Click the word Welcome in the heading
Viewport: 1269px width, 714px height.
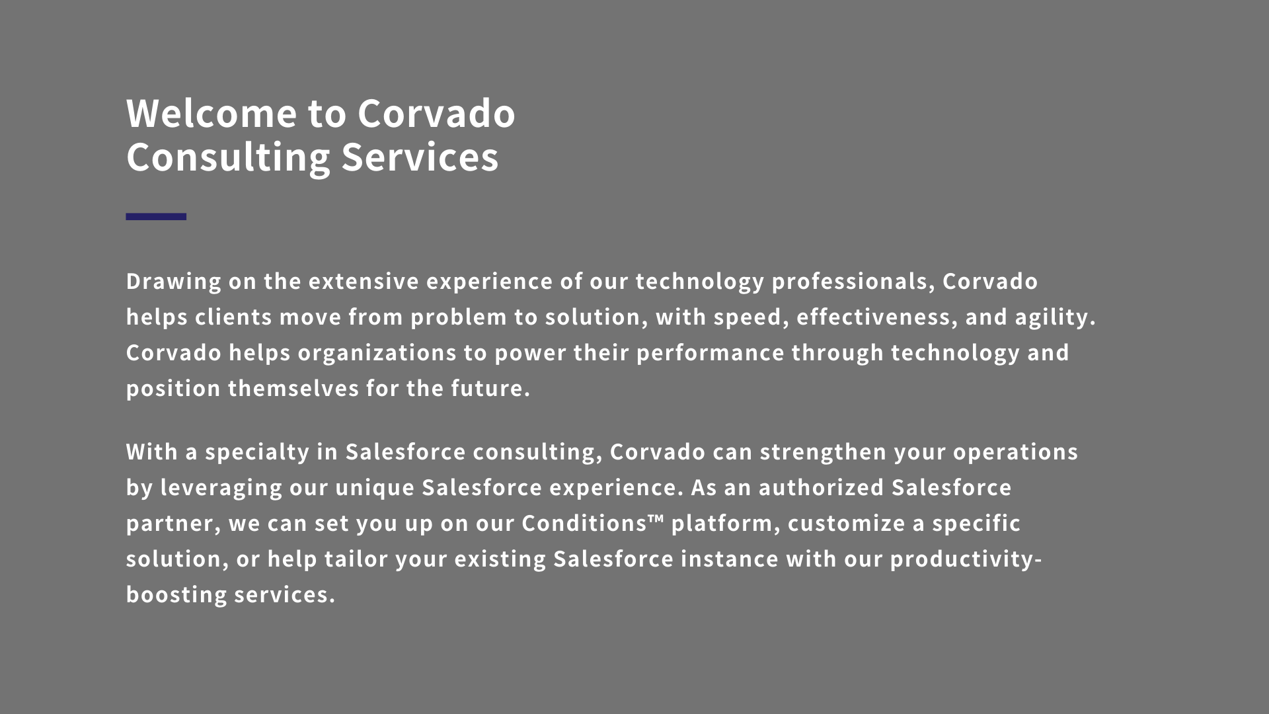pyautogui.click(x=211, y=113)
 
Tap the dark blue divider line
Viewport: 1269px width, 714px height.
pyautogui.click(x=156, y=216)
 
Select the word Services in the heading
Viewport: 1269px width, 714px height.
pyautogui.click(x=420, y=157)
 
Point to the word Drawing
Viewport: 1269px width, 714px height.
pyautogui.click(x=174, y=282)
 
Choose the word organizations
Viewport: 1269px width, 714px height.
pyautogui.click(x=377, y=354)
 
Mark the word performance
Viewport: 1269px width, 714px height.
pyautogui.click(x=711, y=354)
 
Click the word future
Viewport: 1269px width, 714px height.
pyautogui.click(x=490, y=389)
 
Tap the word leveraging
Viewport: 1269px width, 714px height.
pyautogui.click(x=221, y=489)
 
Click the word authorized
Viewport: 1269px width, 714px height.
pyautogui.click(x=822, y=488)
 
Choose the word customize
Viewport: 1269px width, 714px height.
pyautogui.click(x=847, y=524)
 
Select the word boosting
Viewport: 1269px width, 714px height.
pyautogui.click(x=176, y=595)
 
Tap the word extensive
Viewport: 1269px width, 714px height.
pyautogui.click(x=364, y=282)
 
